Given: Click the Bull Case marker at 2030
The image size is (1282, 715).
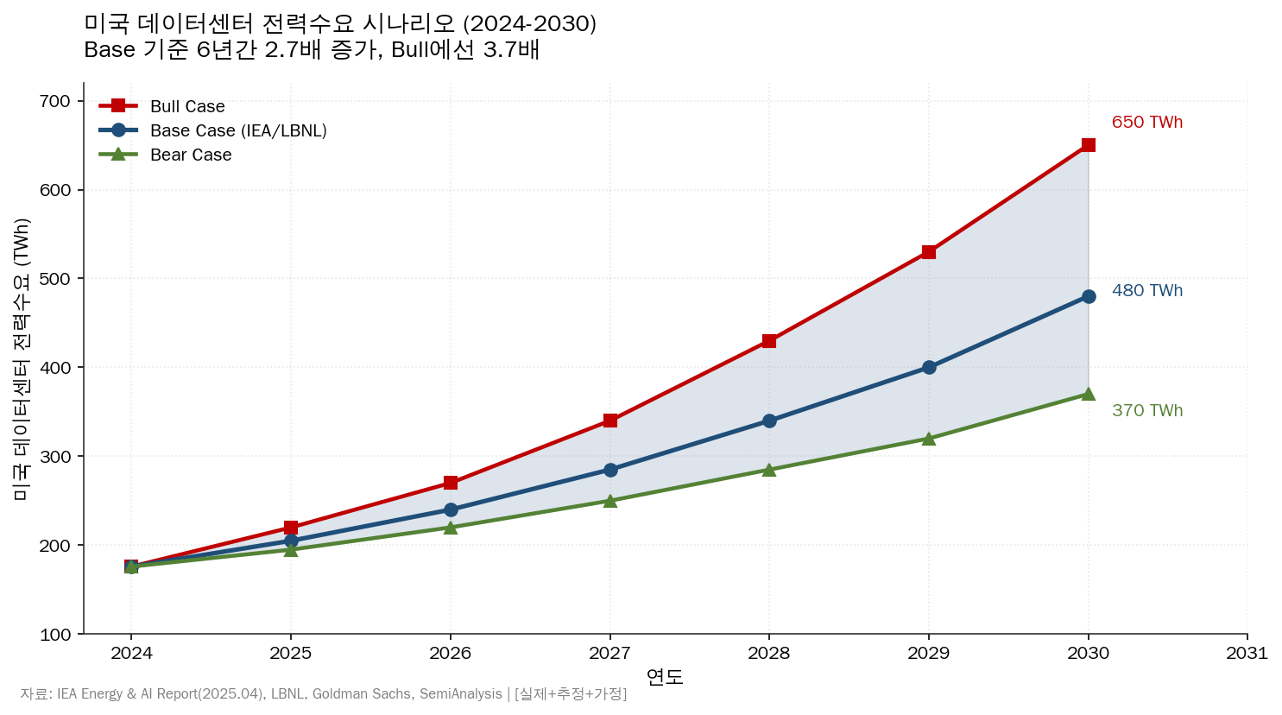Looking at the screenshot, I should [x=1088, y=145].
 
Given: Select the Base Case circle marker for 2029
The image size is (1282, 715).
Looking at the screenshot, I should [x=929, y=367].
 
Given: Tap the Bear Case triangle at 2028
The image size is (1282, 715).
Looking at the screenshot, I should [x=769, y=470].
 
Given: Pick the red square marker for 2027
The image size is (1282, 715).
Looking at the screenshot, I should [x=610, y=421].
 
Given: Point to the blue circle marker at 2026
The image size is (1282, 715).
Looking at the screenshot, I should [x=451, y=509].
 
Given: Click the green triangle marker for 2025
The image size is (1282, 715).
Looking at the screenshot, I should [x=291, y=549].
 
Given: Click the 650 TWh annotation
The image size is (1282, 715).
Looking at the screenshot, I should [x=1146, y=123].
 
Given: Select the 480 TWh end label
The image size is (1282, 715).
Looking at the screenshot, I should [x=1146, y=291].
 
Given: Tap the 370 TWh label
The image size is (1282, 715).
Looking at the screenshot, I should [x=1146, y=411].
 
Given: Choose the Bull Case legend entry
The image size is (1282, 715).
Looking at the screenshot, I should [x=186, y=106].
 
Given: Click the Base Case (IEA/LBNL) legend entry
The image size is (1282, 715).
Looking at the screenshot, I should [x=237, y=130].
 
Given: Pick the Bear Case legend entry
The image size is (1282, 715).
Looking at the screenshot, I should [x=190, y=155].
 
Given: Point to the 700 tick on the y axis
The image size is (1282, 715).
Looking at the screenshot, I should [x=55, y=102].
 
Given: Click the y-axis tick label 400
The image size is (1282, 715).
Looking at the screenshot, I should [x=55, y=368].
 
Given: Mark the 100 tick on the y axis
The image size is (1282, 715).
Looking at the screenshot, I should [x=55, y=635].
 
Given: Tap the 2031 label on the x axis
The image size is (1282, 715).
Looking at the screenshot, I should [x=1247, y=653].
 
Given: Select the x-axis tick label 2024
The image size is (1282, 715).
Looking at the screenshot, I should [x=131, y=653].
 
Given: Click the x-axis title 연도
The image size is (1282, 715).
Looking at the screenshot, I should [x=665, y=677].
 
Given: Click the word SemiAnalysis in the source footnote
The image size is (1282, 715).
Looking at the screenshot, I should [x=460, y=694].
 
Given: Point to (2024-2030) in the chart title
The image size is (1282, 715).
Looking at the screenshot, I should [x=529, y=23].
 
